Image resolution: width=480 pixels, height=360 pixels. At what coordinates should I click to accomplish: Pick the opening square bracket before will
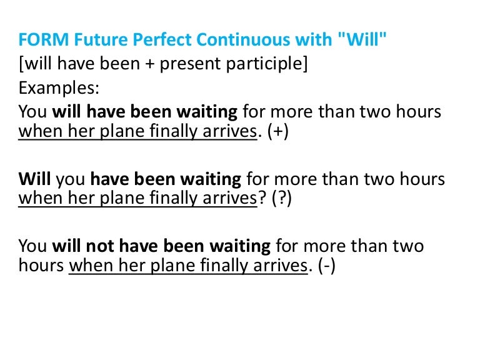[x=21, y=64]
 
